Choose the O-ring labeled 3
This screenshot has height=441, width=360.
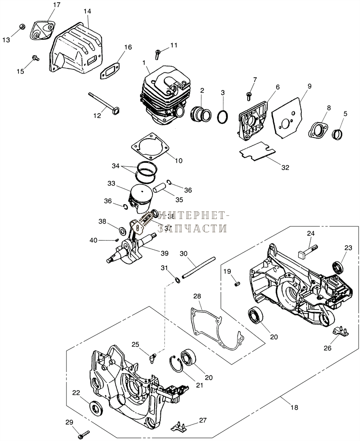pyautogui.click(x=224, y=116)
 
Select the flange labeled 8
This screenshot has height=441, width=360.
pyautogui.click(x=319, y=131)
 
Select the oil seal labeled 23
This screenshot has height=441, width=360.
pyautogui.click(x=338, y=267)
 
